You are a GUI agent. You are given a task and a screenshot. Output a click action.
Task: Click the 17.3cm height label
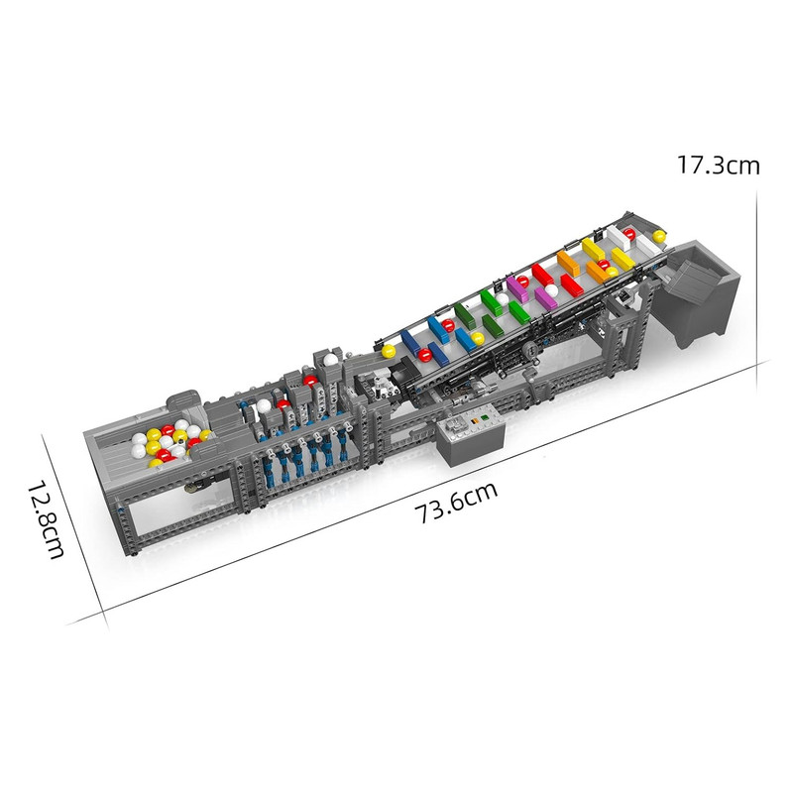coord(718,165)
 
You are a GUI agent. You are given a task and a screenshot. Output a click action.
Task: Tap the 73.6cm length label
coord(456,503)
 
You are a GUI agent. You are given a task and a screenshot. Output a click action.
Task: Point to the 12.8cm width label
coord(46,519)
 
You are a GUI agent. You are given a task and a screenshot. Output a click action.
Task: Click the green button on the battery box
coord(485,417)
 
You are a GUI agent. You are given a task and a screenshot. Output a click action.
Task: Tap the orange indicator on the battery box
coord(474,420)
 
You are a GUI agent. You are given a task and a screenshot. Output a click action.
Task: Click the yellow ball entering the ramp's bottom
coord(389,351)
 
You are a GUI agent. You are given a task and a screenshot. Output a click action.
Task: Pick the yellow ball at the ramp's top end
coord(659,236)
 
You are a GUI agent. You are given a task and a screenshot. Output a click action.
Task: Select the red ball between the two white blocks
coord(629,234)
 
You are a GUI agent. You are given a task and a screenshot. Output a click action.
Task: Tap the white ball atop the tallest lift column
coord(330,360)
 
